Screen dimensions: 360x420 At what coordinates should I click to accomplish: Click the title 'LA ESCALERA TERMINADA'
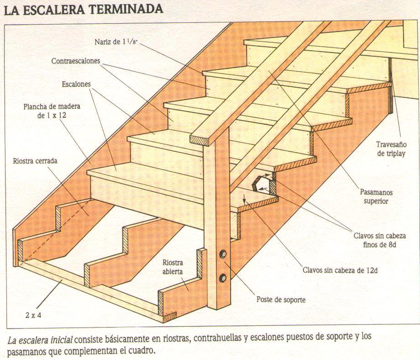84,9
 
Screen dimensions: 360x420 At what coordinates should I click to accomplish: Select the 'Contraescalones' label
76,61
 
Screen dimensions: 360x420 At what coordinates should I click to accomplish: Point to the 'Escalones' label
76,85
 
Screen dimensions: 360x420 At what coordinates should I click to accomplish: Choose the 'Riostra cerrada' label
35,161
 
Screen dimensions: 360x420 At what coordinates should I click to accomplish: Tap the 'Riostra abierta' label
173,267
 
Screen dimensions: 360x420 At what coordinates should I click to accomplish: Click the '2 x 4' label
32,315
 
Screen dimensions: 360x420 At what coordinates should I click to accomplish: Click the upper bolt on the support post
224,254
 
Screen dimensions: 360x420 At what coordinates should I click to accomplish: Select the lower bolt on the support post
224,277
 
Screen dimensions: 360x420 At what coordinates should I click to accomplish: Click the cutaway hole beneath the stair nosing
262,184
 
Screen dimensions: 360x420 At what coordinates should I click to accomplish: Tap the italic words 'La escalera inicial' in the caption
40,340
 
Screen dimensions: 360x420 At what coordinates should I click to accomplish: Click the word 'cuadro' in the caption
143,352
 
